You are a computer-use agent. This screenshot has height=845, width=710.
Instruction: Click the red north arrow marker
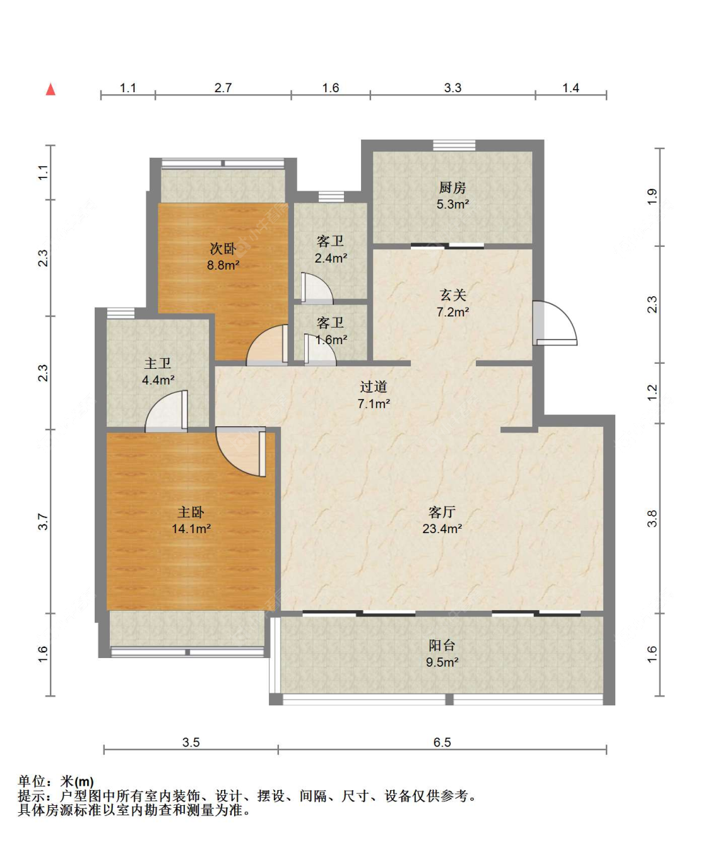[x=50, y=90]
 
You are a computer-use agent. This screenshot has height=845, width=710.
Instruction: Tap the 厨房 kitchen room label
[x=453, y=188]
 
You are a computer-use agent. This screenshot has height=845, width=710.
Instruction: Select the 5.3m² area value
[x=453, y=204]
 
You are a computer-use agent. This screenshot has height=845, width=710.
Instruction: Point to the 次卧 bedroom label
[x=223, y=248]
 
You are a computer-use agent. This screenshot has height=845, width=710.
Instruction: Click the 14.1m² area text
[x=191, y=529]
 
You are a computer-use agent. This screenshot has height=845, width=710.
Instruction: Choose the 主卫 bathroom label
[x=158, y=363]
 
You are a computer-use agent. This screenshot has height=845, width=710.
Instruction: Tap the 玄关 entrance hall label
[x=453, y=295]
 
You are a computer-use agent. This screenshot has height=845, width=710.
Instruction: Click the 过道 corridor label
[x=374, y=387]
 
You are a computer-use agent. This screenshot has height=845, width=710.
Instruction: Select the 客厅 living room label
[x=442, y=512]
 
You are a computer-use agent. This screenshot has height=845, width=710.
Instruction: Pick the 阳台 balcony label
[x=442, y=645]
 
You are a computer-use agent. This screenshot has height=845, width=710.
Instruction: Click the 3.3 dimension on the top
[x=453, y=88]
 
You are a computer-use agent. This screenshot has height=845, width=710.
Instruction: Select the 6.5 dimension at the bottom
[x=442, y=742]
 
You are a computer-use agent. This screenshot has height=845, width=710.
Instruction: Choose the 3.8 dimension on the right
[x=652, y=519]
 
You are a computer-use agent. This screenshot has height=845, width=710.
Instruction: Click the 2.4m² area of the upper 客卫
[x=331, y=258]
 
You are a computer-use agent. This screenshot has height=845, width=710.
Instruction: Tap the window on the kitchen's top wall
[x=454, y=145]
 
